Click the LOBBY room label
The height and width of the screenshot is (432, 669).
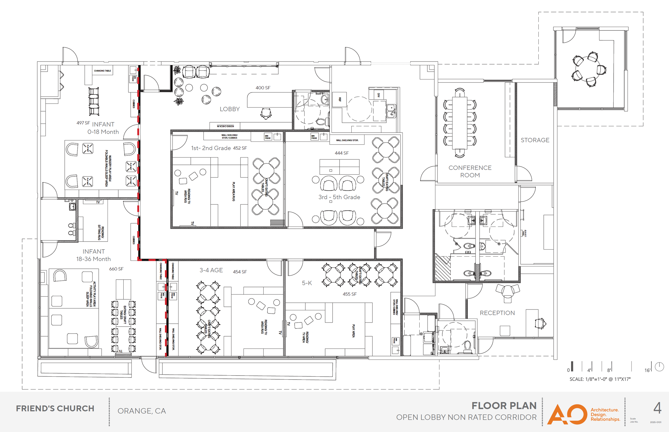point(230,109)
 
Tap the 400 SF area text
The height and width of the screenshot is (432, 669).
point(263,88)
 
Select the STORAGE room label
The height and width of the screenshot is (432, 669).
point(535,140)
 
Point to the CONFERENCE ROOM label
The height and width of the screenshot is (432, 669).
point(470,171)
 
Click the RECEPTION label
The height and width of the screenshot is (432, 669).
point(497,313)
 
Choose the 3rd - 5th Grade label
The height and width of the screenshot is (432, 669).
point(339,197)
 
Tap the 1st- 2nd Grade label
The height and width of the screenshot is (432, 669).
point(211,148)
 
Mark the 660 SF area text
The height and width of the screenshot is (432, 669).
point(116,269)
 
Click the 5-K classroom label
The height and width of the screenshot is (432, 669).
point(307,283)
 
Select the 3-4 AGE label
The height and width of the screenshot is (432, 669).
point(211,270)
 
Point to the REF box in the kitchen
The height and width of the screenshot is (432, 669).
point(340,100)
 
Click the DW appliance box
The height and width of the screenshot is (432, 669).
point(378,95)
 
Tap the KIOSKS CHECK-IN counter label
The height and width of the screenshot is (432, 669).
point(225,126)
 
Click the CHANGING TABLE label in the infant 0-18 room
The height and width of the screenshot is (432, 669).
point(102,71)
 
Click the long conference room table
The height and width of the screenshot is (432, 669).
point(459,123)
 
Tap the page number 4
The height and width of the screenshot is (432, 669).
point(657,408)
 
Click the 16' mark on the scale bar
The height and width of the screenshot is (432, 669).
point(647,370)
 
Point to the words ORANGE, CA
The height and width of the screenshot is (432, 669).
point(142,411)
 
